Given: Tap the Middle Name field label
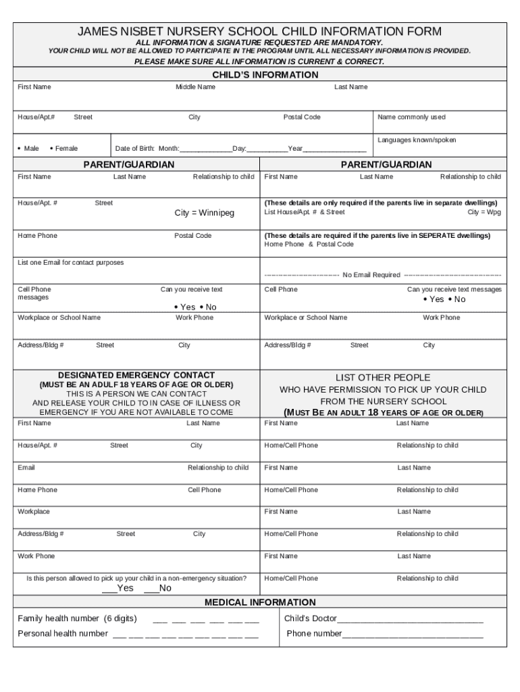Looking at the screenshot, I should click(195, 87).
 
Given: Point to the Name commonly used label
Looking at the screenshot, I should click(411, 117).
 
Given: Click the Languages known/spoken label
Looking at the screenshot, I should click(417, 140).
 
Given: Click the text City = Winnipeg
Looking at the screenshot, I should click(204, 213).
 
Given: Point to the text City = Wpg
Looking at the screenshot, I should click(484, 212).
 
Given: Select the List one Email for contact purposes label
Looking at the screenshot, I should click(70, 262).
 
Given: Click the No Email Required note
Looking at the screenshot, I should click(371, 275).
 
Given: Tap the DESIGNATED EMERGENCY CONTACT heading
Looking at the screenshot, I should click(136, 375).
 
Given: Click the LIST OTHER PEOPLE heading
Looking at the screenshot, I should click(382, 378).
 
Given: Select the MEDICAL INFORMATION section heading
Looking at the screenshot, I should click(259, 602).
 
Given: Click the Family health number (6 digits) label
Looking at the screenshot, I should click(77, 618).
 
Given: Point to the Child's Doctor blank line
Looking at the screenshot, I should click(410, 620).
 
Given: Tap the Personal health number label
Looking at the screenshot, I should click(63, 633).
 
